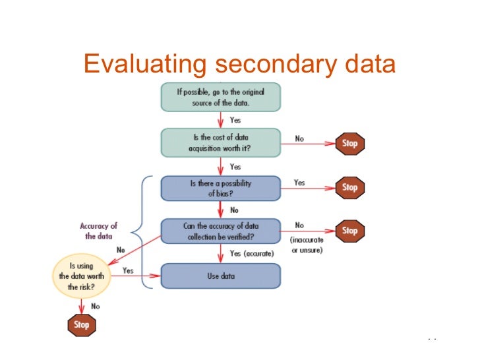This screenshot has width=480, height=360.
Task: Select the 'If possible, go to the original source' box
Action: coord(221,97)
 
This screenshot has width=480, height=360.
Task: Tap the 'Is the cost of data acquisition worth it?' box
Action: coord(221,142)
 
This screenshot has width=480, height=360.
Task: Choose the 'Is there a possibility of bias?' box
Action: coord(221,187)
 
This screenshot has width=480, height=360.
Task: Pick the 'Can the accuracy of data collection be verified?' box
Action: coord(221,230)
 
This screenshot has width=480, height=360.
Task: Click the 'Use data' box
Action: coord(221,276)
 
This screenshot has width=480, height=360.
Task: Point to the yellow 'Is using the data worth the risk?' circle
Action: coord(82,276)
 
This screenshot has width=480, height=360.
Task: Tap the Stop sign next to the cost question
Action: coord(350,143)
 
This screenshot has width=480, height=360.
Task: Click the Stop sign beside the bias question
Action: coord(350,187)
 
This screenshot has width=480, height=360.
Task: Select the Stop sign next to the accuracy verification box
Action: coord(350,231)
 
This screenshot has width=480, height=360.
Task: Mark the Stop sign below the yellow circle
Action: coord(82,324)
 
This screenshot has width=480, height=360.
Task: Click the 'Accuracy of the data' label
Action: coord(99,231)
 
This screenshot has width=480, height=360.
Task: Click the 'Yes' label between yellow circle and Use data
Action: coord(128,270)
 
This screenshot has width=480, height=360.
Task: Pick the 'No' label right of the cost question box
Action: coord(299,138)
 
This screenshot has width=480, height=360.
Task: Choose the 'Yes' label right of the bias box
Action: coord(299,183)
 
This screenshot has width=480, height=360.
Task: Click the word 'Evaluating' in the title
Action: coord(144,65)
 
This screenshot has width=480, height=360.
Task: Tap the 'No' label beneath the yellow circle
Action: coord(95,307)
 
